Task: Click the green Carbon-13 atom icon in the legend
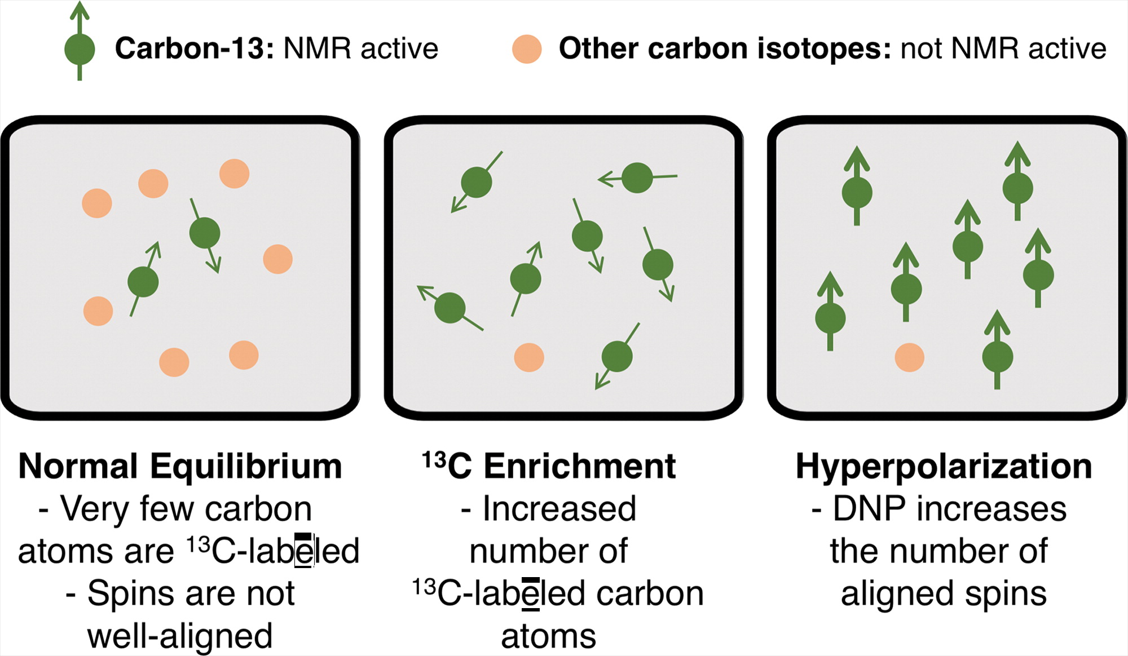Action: tap(80, 49)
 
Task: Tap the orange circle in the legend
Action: tap(527, 49)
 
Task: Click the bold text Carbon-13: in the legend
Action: tap(195, 48)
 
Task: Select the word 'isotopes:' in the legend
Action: tap(824, 48)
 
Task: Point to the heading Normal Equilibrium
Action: tap(180, 467)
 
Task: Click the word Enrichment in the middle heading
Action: tap(579, 467)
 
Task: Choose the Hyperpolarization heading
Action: tap(944, 467)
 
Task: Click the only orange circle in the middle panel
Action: tap(529, 357)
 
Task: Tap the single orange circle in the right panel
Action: tap(909, 357)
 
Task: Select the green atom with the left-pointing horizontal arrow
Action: tap(637, 178)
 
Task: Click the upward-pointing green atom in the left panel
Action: tap(143, 282)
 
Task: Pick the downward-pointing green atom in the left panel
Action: tap(205, 233)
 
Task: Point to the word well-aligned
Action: tap(180, 636)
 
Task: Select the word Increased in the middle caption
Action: tap(559, 509)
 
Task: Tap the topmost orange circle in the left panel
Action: tap(234, 174)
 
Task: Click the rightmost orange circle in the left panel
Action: tap(277, 259)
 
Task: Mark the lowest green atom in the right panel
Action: tap(997, 357)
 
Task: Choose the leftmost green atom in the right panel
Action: tap(830, 318)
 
